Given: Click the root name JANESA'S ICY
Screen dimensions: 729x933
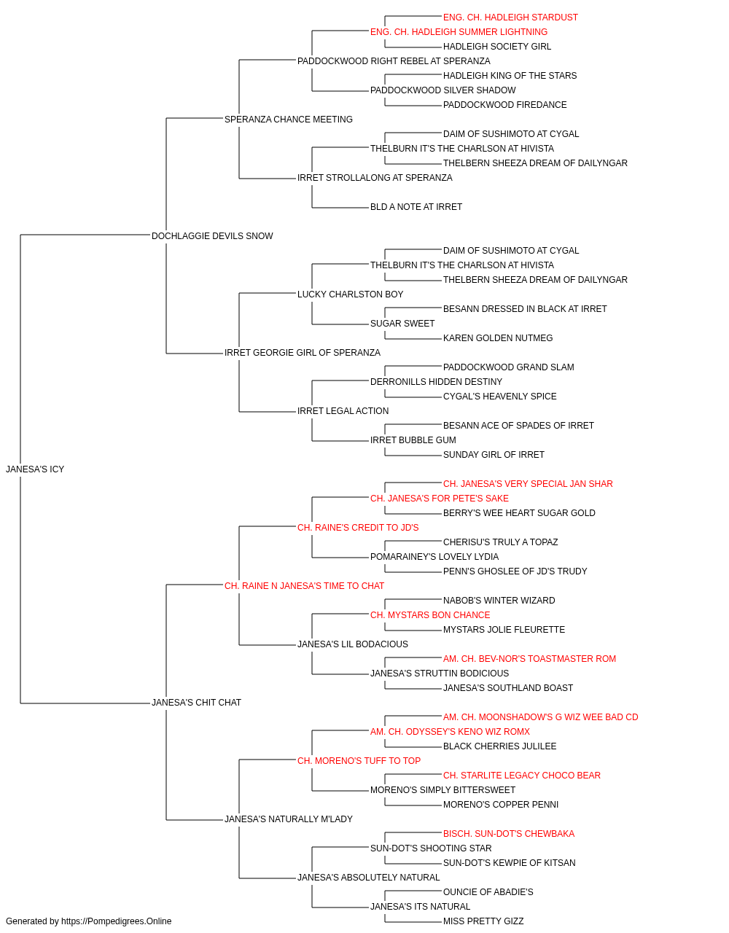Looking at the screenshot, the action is coord(35,469).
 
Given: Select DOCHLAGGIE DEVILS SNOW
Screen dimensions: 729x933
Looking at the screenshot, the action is coord(212,236).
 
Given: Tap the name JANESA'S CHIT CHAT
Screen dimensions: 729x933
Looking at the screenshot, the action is coord(196,703).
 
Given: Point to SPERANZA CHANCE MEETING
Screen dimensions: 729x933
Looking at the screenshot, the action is coord(289,120).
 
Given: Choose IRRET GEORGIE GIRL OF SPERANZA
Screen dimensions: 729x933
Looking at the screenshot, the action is coord(303,353).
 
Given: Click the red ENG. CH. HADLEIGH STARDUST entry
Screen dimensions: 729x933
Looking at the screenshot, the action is coord(510,17).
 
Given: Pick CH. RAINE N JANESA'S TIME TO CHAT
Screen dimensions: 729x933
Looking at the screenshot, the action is coord(305,585).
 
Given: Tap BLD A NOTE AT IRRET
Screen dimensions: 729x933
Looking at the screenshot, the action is coord(416,207).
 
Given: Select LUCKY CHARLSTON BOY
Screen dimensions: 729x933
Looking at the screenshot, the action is coord(351,294).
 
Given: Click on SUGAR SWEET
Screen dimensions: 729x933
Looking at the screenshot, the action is coord(402,324).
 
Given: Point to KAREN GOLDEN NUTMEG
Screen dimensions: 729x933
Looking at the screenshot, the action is coord(498,338).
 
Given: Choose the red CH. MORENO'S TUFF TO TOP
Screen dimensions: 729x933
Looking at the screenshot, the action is coord(359,761).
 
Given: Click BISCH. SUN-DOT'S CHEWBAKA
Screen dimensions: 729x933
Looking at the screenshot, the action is coord(509,833).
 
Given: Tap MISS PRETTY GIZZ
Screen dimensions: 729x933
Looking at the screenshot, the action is coord(483,921).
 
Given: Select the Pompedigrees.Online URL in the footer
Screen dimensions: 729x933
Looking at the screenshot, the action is coord(117,921).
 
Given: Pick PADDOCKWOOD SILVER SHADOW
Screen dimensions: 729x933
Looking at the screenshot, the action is coord(443,90).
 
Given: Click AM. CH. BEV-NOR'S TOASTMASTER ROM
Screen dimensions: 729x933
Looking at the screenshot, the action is coord(529,659).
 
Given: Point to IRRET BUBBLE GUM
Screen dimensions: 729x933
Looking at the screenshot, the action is coord(413,440).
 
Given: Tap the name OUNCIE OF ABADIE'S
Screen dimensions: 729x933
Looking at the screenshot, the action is coord(488,891).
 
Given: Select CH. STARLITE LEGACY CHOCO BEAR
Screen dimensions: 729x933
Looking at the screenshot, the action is coord(522,776).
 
